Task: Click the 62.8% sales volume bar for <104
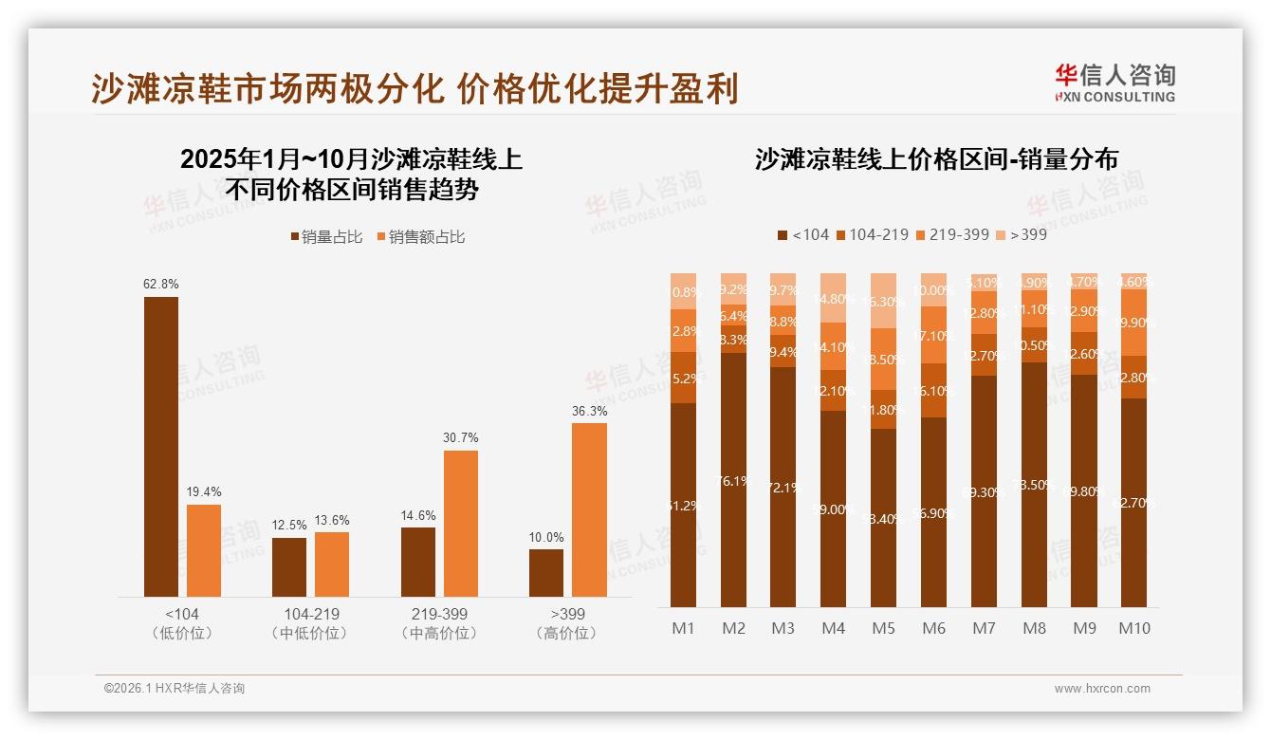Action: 161,446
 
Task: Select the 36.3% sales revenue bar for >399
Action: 589,509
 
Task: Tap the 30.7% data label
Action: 461,437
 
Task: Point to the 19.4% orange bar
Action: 204,550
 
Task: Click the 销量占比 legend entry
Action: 325,237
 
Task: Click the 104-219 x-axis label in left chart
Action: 310,614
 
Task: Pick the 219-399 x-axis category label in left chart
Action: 439,614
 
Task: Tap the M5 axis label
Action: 883,628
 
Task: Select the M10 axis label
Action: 1133,628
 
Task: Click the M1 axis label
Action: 683,628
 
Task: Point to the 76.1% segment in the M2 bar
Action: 733,480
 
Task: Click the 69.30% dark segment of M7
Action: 984,491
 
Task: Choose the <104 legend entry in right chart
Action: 802,233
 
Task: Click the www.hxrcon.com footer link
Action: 1102,689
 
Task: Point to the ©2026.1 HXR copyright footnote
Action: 175,689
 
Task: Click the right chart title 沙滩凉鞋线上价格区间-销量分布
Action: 936,159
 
